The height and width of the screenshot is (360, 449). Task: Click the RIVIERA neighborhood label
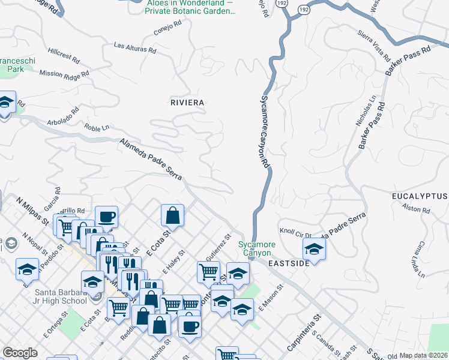tap(187, 103)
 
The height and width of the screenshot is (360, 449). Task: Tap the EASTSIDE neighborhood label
tap(289, 263)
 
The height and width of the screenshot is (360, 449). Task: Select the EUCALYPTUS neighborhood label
tap(420, 197)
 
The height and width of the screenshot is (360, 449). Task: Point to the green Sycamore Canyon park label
tap(257, 249)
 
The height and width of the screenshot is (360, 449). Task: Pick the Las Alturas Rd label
tap(134, 47)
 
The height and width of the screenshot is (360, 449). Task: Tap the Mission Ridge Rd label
tap(64, 73)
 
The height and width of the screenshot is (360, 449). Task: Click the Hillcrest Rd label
tap(64, 56)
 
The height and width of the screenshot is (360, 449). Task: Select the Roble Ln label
tap(97, 128)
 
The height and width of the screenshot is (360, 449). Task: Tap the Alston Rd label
tap(417, 210)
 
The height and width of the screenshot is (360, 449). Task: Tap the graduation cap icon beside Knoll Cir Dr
tap(314, 248)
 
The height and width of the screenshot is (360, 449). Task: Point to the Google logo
tap(20, 353)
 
